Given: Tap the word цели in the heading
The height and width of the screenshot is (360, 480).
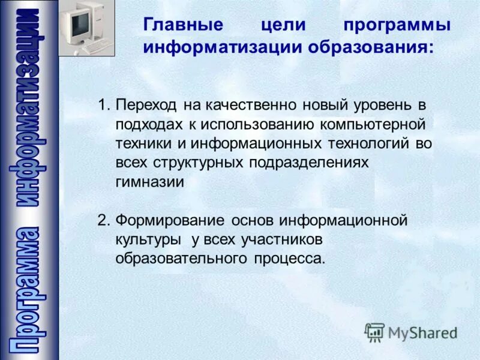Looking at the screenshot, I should pos(284,26).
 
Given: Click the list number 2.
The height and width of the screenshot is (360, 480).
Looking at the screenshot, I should pos(103,220).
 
